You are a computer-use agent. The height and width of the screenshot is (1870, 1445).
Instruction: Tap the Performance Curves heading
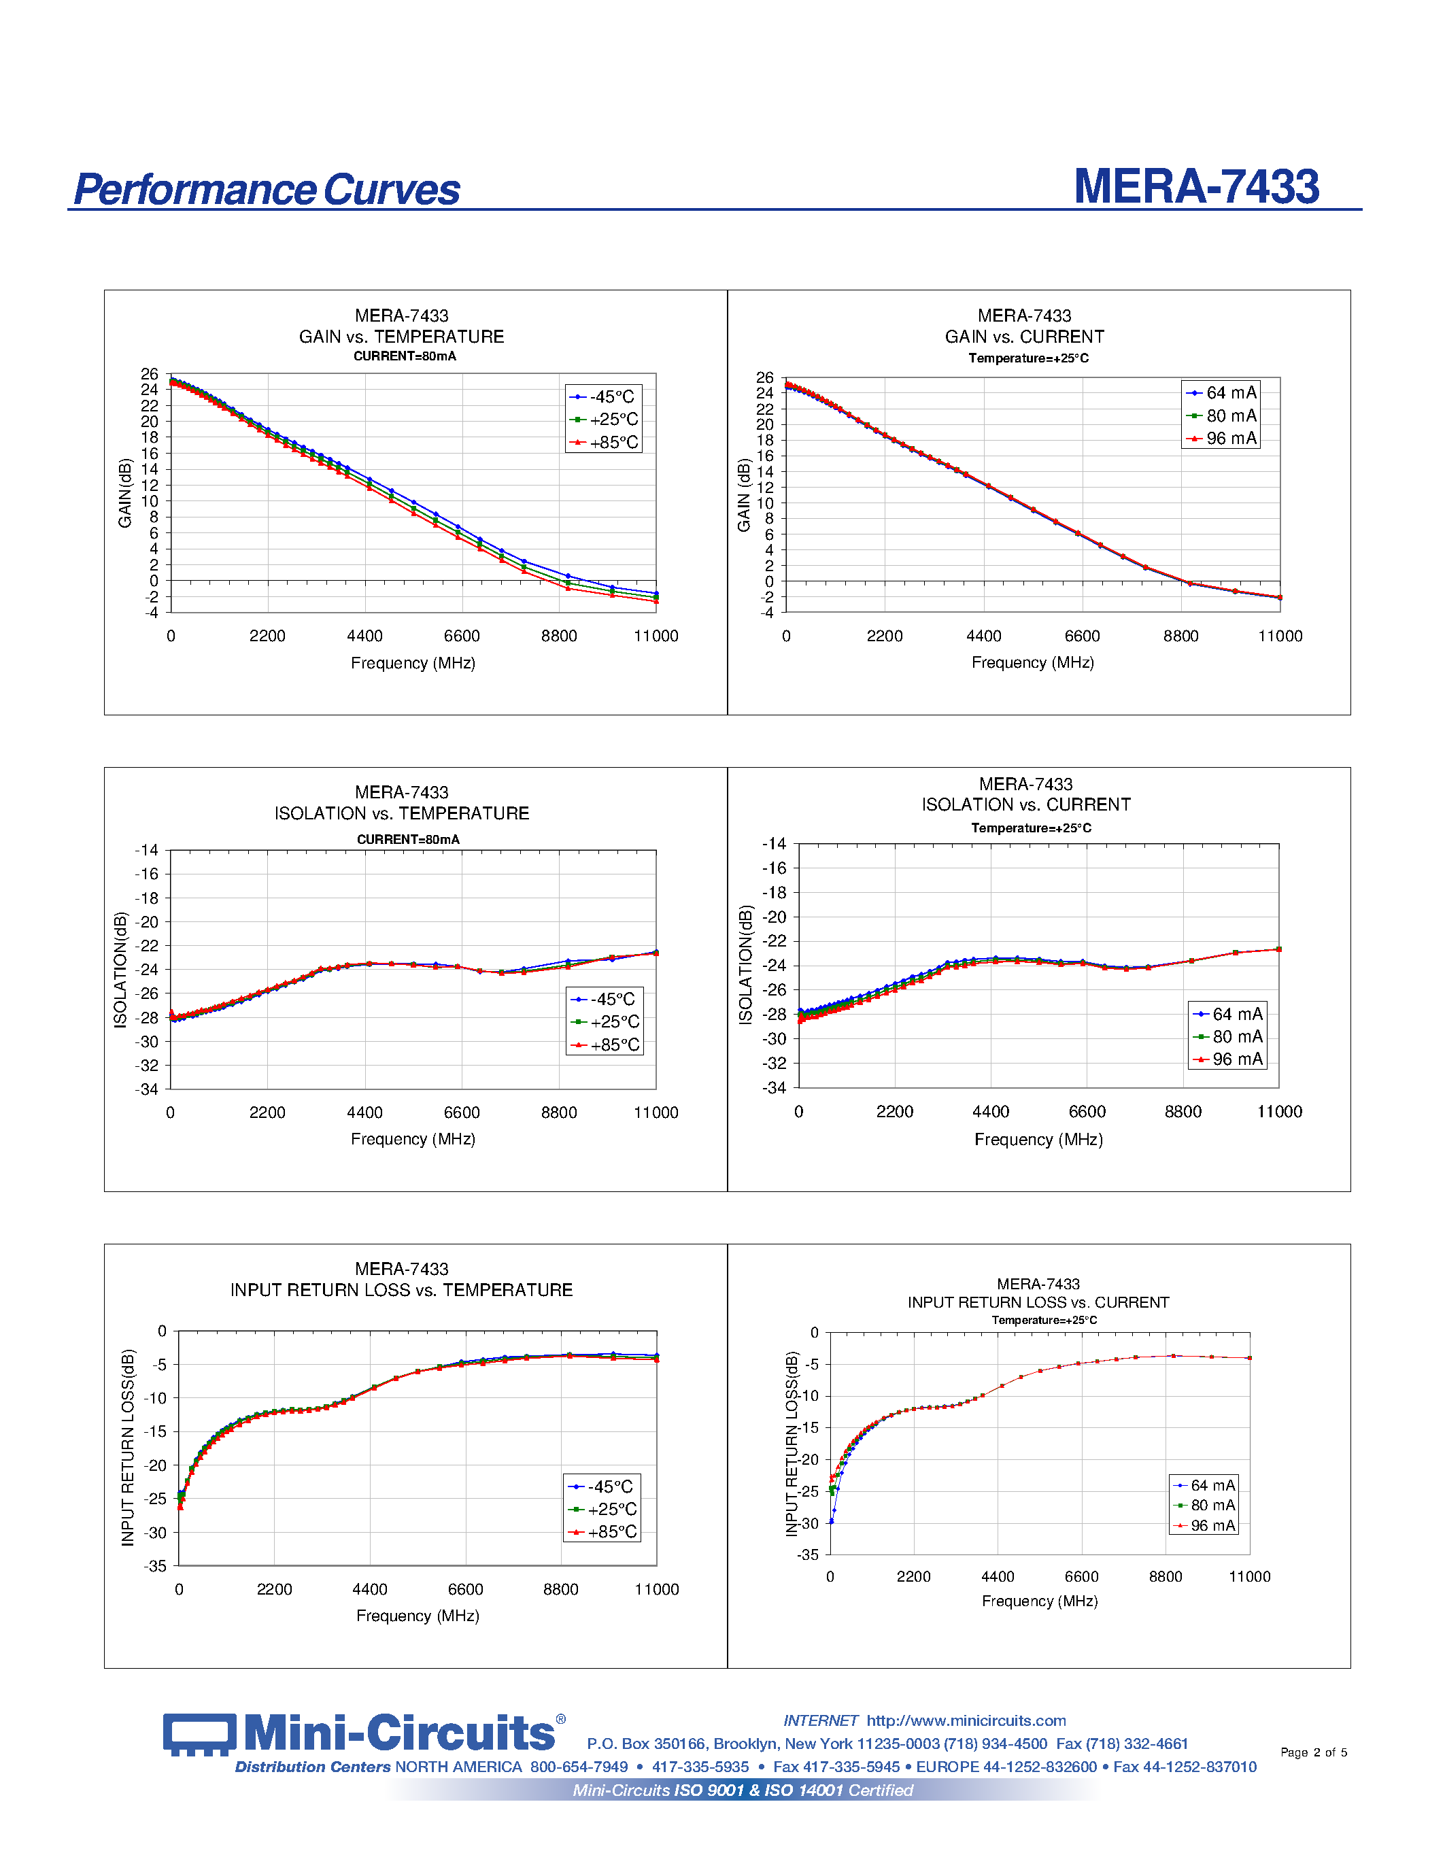coord(267,190)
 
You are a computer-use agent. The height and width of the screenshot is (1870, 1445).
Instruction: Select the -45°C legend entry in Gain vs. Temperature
coord(604,397)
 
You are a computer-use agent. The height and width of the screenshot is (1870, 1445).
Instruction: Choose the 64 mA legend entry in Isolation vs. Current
coord(1227,1014)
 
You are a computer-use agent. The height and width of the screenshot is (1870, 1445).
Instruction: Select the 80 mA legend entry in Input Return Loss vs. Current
coord(1204,1506)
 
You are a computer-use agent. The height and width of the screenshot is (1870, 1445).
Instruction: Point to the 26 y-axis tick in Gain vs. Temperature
coord(150,374)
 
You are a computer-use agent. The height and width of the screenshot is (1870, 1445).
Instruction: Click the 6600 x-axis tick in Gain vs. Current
coord(1082,636)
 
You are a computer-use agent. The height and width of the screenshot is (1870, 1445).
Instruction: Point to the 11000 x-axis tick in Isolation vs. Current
coord(1279,1111)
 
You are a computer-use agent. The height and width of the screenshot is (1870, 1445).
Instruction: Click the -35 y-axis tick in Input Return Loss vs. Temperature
coord(155,1566)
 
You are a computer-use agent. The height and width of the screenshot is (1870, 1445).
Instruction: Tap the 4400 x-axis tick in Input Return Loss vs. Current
coord(998,1576)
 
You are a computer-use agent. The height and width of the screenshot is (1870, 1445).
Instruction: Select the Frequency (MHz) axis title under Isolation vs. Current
coord(1038,1140)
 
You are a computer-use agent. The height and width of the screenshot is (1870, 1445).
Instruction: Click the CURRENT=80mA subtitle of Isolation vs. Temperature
coord(407,839)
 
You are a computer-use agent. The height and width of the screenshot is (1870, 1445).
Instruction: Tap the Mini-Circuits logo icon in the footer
coord(199,1734)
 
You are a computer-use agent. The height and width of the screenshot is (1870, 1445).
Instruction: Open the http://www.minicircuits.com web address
coord(966,1721)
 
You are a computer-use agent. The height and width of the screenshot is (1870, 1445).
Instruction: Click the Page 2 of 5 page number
coord(1313,1752)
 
